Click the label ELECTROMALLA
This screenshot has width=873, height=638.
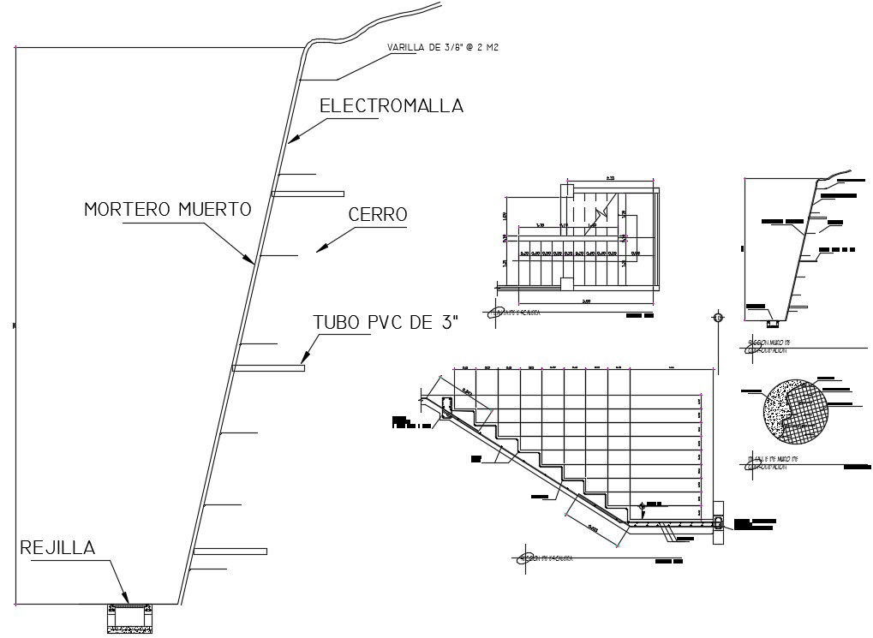tap(391, 106)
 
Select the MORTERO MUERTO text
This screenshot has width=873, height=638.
tap(167, 210)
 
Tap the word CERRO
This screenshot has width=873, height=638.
tap(378, 215)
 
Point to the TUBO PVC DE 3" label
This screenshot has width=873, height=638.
tap(386, 323)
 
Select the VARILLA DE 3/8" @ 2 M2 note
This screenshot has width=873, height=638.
tap(443, 48)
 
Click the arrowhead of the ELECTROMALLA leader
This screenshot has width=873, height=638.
tap(290, 140)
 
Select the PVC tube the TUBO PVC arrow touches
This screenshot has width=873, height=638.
tap(268, 368)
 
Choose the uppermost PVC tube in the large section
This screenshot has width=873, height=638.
tap(308, 194)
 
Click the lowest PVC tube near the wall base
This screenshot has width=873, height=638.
tap(230, 551)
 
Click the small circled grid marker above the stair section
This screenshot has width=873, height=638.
tap(717, 319)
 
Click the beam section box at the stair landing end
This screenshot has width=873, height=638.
tap(718, 524)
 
